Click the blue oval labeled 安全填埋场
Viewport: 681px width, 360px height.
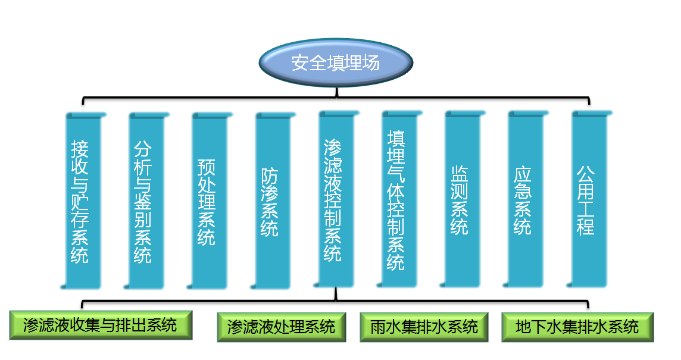336,62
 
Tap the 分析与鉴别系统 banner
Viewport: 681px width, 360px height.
146,201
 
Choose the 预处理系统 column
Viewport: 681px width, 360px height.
210,201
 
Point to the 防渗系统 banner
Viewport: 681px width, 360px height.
273,201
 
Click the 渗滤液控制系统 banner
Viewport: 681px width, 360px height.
336,199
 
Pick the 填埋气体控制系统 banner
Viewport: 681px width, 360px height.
399,199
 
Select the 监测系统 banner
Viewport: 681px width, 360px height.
462,199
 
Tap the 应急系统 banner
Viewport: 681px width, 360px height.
526,199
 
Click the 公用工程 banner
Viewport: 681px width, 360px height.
589,199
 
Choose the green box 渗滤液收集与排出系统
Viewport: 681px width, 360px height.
101,325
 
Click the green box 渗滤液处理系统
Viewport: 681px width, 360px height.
282,327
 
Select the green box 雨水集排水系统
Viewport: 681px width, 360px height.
424,327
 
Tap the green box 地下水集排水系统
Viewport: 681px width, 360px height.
577,327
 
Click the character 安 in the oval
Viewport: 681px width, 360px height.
300,63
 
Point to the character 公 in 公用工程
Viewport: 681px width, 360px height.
585,174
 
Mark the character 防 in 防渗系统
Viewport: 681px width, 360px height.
269,177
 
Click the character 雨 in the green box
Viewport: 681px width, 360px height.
379,327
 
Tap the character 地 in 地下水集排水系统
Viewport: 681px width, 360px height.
523,327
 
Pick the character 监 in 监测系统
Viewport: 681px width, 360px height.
459,174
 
